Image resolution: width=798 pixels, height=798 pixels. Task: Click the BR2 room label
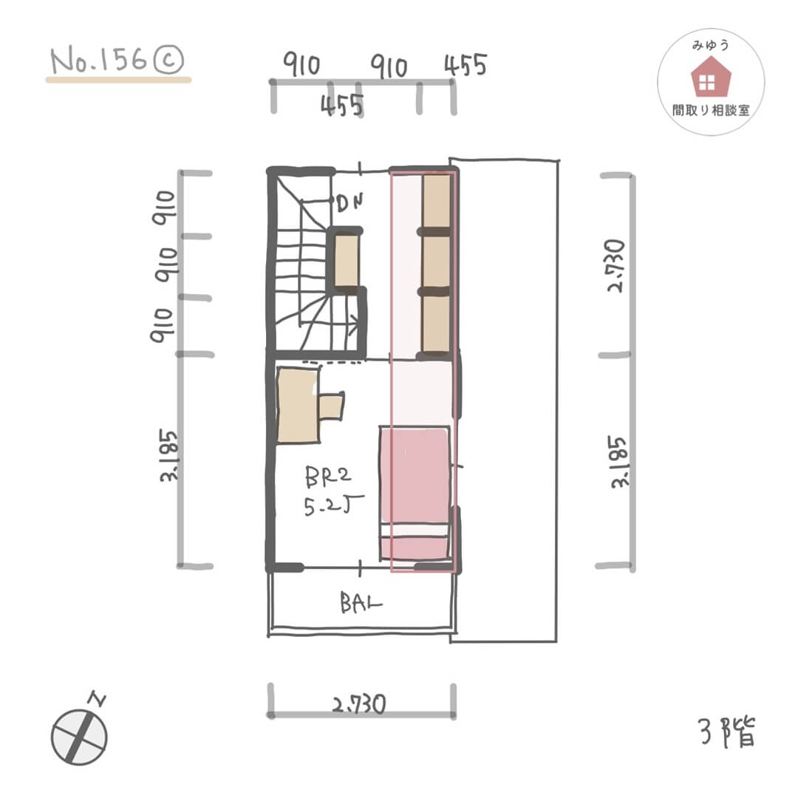tap(328, 477)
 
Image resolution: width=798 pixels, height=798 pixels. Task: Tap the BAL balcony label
tap(361, 603)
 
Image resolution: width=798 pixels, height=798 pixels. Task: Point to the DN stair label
tap(350, 204)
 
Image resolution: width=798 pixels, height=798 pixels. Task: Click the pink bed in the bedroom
tap(415, 493)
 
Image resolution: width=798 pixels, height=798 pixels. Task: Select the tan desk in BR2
tap(298, 405)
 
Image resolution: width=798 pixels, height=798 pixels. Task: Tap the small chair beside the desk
tap(331, 406)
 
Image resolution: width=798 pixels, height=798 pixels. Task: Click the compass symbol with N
tap(79, 733)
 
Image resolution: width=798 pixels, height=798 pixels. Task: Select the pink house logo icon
tap(711, 77)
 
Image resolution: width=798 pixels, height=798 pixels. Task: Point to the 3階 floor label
tap(727, 731)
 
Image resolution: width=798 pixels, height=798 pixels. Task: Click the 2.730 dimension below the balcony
tap(359, 705)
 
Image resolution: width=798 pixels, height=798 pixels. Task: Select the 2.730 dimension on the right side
tap(615, 265)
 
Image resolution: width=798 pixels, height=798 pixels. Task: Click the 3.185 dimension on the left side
tap(168, 455)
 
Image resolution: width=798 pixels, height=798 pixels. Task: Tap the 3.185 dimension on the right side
tap(618, 462)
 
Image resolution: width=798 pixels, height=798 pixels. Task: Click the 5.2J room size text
tap(333, 506)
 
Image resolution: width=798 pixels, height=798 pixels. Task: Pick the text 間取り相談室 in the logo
tap(711, 110)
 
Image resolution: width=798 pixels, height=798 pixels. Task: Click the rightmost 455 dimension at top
tap(465, 65)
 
